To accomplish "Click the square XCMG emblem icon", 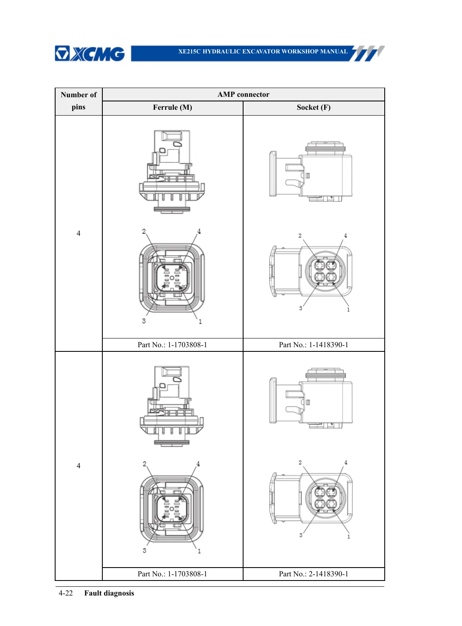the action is pos(62,53).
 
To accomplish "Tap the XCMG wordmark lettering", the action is pos(98,54).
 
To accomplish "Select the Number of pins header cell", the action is pos(79,101).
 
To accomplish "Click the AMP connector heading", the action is pos(243,94).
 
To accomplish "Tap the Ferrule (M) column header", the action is pos(173,108).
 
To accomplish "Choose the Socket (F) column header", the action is pos(313,108).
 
